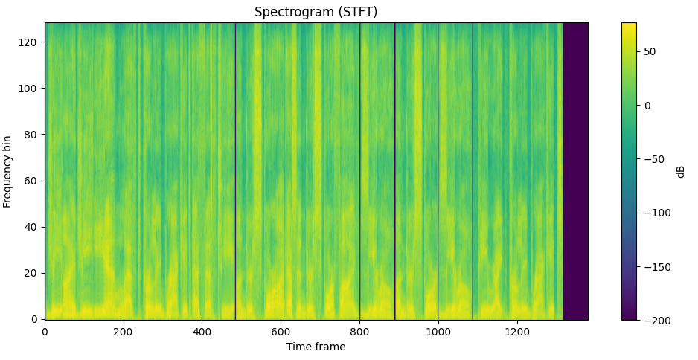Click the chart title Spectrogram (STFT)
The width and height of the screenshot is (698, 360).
click(316, 12)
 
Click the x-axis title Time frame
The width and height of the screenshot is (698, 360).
click(316, 347)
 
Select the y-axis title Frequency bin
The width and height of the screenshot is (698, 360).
click(7, 171)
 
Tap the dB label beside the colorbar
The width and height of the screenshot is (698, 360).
click(680, 171)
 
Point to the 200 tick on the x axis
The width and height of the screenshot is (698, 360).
click(124, 332)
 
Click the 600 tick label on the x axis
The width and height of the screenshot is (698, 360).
click(281, 332)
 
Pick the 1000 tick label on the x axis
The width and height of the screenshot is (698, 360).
click(438, 332)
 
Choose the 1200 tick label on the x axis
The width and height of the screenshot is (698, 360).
click(517, 332)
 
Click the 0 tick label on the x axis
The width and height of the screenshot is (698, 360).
click(45, 332)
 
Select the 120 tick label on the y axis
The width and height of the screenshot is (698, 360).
click(30, 42)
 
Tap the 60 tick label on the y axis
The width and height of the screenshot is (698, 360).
click(32, 181)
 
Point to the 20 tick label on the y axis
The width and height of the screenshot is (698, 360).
click(32, 273)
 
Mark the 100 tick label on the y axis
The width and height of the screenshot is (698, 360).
click(30, 89)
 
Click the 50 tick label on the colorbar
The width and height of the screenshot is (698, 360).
click(649, 51)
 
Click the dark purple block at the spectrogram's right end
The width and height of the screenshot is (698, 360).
click(575, 171)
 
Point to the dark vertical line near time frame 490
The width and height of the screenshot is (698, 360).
click(236, 171)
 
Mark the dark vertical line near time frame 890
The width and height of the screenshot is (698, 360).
click(394, 171)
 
